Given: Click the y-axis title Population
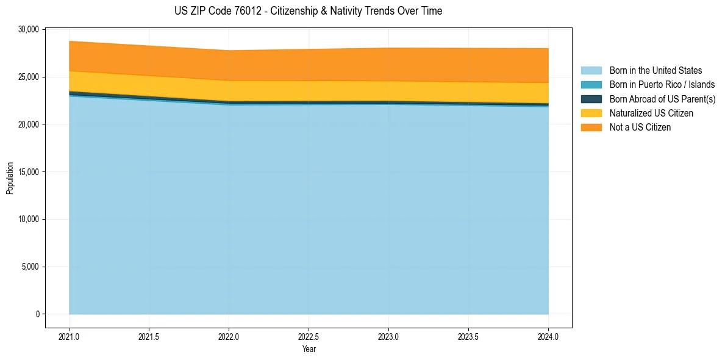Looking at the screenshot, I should click(10, 178).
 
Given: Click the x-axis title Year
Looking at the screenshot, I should click(309, 349).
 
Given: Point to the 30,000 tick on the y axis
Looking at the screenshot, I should click(29, 29).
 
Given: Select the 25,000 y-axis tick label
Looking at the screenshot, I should click(29, 77).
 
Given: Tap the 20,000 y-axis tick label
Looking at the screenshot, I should click(29, 124).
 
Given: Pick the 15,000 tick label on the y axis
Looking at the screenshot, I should click(29, 172).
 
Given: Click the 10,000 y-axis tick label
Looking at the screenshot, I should click(29, 219).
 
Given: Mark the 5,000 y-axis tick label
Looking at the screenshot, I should click(30, 267).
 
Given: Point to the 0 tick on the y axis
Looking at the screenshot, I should click(37, 314).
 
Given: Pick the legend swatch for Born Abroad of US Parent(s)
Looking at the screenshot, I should click(591, 99).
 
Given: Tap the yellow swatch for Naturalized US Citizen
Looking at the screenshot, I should click(591, 113).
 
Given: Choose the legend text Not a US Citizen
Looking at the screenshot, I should click(640, 128).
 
